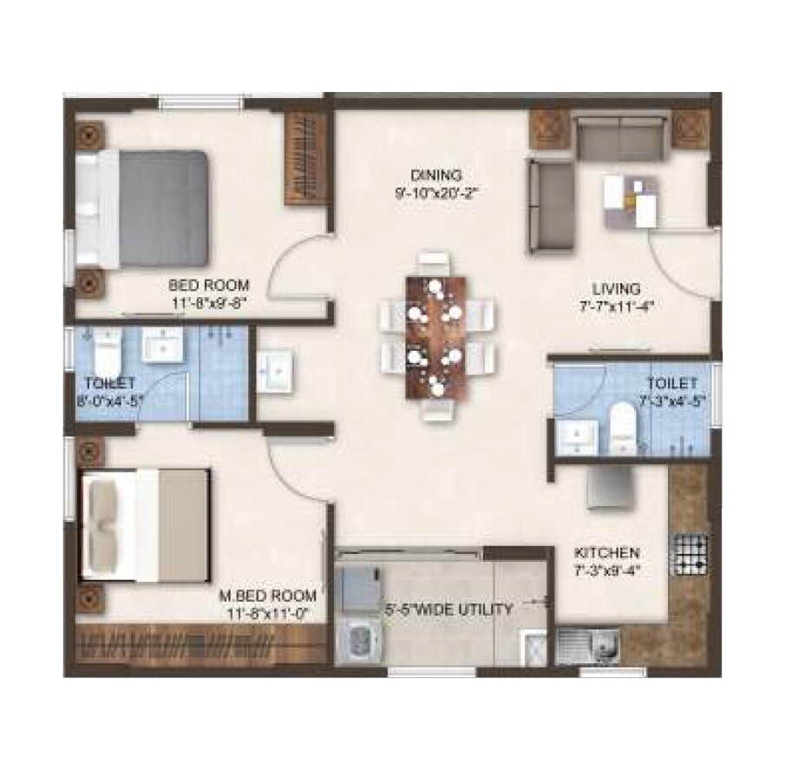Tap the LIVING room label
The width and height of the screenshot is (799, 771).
click(x=616, y=288)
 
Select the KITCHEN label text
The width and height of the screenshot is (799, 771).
click(x=608, y=552)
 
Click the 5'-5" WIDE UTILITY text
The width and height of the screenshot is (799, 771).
click(x=449, y=610)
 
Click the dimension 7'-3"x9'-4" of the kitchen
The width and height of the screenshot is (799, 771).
click(x=608, y=570)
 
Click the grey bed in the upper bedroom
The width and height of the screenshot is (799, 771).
click(x=160, y=208)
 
